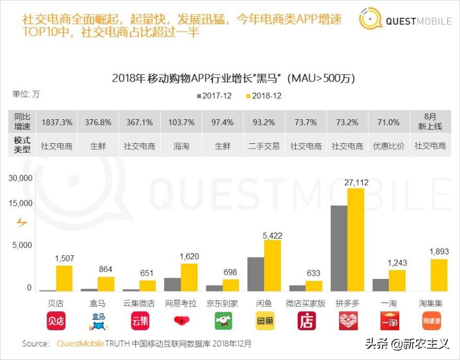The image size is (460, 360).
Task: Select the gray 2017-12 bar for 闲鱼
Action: point(255,274)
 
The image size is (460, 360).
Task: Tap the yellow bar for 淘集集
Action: point(439,275)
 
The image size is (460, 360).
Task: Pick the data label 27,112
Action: point(356,182)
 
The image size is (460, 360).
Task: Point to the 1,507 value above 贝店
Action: point(64,259)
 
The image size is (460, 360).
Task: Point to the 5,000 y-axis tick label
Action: point(24,245)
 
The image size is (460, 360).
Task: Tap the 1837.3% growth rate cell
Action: point(57,122)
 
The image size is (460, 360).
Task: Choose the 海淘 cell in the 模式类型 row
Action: point(181,146)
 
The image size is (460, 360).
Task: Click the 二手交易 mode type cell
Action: point(264,146)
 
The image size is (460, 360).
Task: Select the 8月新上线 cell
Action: point(430,122)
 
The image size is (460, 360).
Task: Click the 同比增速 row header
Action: point(23,122)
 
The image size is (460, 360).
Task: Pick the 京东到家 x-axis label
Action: point(222,304)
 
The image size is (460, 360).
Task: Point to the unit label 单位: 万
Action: point(26,95)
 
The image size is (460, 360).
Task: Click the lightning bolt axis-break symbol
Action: point(21,223)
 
